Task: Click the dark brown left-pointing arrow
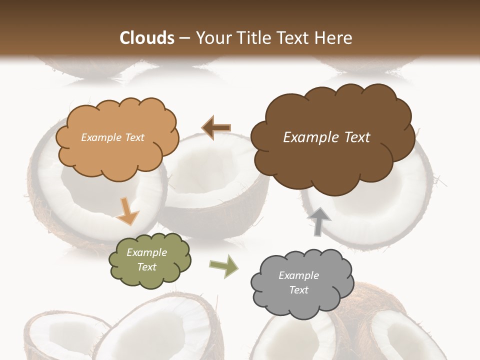(x=216, y=127)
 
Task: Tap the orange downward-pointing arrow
(x=128, y=211)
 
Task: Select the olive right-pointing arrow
(x=224, y=266)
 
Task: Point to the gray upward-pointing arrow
(x=319, y=221)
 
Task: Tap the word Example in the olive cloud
(x=147, y=252)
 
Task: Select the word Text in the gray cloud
(x=298, y=290)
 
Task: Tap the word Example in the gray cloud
(x=298, y=275)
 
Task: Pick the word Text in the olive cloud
(x=147, y=267)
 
